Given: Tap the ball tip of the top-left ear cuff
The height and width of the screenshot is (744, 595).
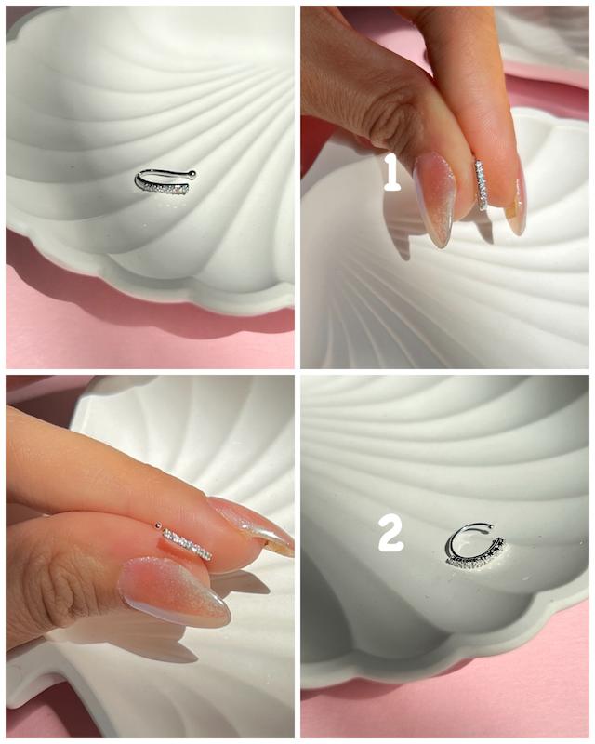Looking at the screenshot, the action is point(192,173).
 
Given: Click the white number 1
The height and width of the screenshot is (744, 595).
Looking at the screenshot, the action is point(391,173).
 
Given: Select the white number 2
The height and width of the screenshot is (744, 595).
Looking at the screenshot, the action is point(390,535).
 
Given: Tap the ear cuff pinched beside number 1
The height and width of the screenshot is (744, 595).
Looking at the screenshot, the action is point(482,184).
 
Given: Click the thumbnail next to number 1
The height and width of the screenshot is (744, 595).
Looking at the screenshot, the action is point(433,197).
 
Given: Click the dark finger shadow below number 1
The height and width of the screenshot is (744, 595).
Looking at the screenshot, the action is point(400,237).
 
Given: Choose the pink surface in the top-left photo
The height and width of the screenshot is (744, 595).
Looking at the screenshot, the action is point(142,327).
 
